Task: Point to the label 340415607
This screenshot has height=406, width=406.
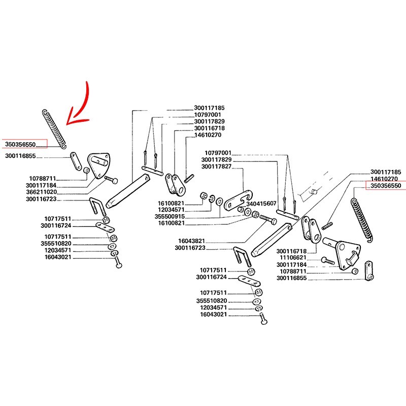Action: click(261, 203)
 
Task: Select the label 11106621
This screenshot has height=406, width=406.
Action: click(292, 258)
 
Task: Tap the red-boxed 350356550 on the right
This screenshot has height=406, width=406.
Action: click(384, 186)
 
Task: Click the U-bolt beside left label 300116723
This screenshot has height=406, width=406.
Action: click(97, 208)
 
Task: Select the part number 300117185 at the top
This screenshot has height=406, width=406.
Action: click(209, 108)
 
